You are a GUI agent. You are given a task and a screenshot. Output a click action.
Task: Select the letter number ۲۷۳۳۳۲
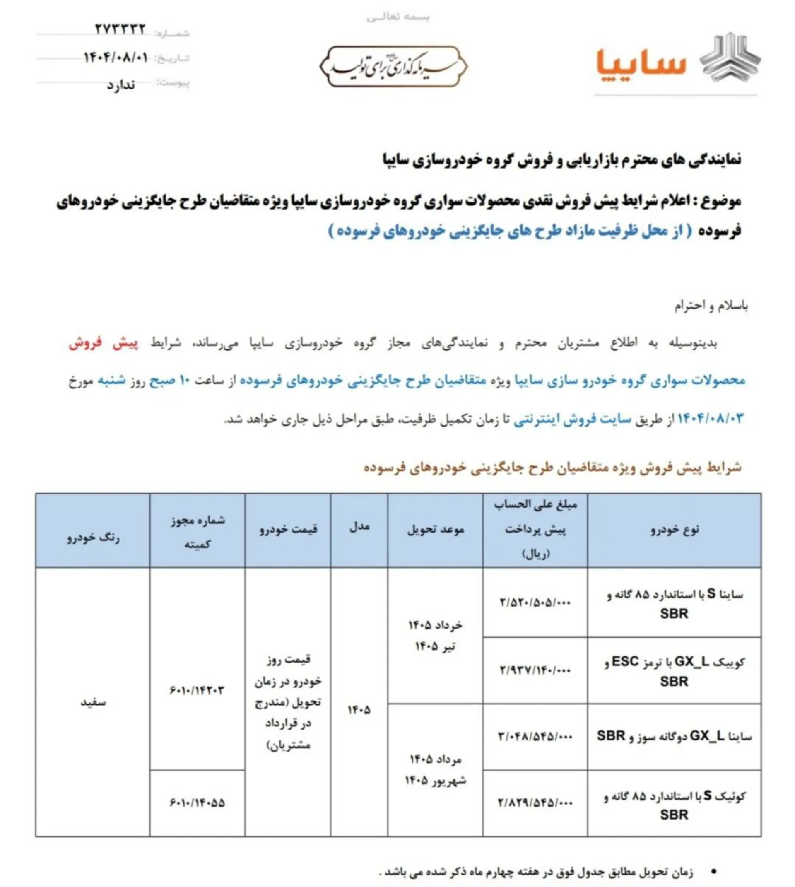pyautogui.click(x=120, y=29)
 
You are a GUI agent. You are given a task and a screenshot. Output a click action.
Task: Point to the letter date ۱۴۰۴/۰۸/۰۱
pyautogui.click(x=116, y=57)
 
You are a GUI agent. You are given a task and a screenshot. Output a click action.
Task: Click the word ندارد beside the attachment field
pyautogui.click(x=121, y=85)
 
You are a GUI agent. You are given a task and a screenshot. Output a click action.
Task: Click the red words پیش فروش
pyautogui.click(x=104, y=343)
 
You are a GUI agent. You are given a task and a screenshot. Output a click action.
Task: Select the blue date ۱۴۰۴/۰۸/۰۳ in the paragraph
pyautogui.click(x=710, y=418)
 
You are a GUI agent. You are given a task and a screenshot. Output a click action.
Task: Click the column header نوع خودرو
pyautogui.click(x=675, y=530)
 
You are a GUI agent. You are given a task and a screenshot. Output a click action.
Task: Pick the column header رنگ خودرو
pyautogui.click(x=93, y=538)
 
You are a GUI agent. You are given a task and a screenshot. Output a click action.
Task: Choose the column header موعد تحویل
pyautogui.click(x=436, y=530)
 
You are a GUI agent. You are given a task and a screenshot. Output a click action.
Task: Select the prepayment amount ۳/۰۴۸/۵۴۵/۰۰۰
pyautogui.click(x=535, y=736)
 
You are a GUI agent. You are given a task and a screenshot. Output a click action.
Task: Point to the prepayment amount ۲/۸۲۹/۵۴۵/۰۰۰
pyautogui.click(x=535, y=802)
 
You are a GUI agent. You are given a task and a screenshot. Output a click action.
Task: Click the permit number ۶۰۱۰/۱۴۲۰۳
pyautogui.click(x=197, y=690)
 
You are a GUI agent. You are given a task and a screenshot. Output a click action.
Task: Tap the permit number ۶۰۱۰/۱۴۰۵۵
pyautogui.click(x=197, y=802)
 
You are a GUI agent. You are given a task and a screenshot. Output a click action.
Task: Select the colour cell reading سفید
pyautogui.click(x=93, y=702)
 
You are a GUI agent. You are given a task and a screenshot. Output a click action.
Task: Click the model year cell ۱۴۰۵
pyautogui.click(x=359, y=710)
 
